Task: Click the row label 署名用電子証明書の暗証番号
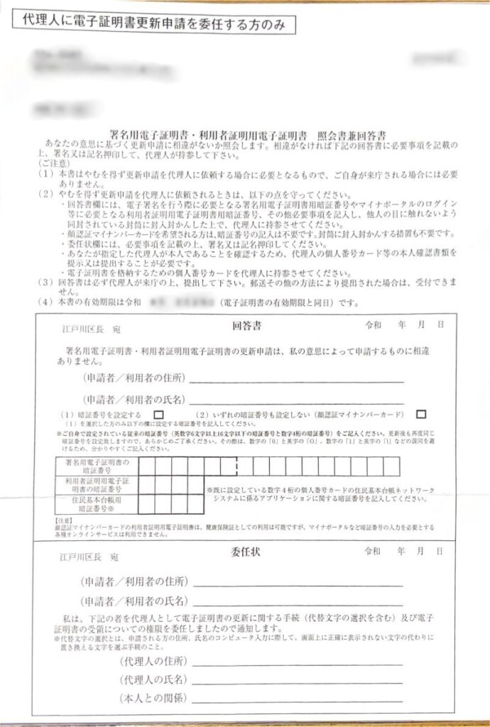tap(97, 466)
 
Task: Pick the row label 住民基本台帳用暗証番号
tap(97, 504)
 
